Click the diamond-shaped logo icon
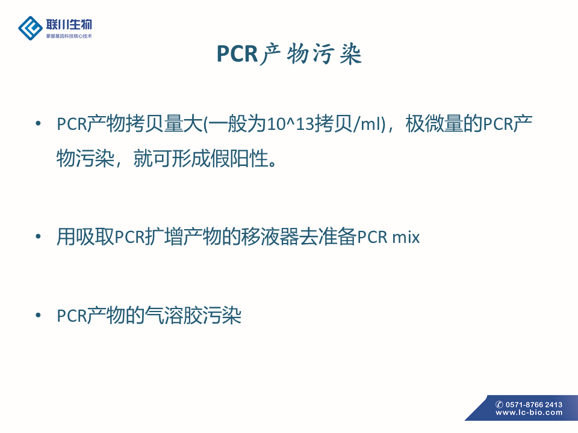click(30, 28)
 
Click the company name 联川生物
click(69, 25)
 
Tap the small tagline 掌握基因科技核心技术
click(69, 36)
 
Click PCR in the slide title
click(237, 54)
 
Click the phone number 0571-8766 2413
click(534, 405)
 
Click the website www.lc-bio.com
click(529, 413)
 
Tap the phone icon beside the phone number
click(500, 405)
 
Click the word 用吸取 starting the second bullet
click(85, 236)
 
